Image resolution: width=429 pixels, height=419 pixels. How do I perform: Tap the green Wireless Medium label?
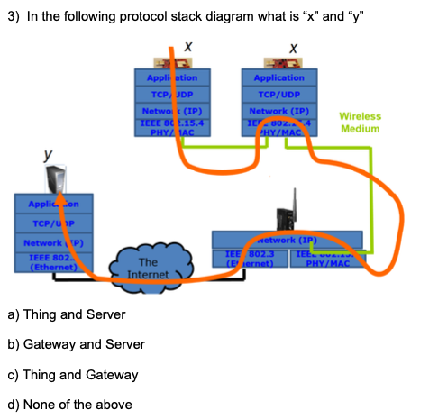tap(361, 122)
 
